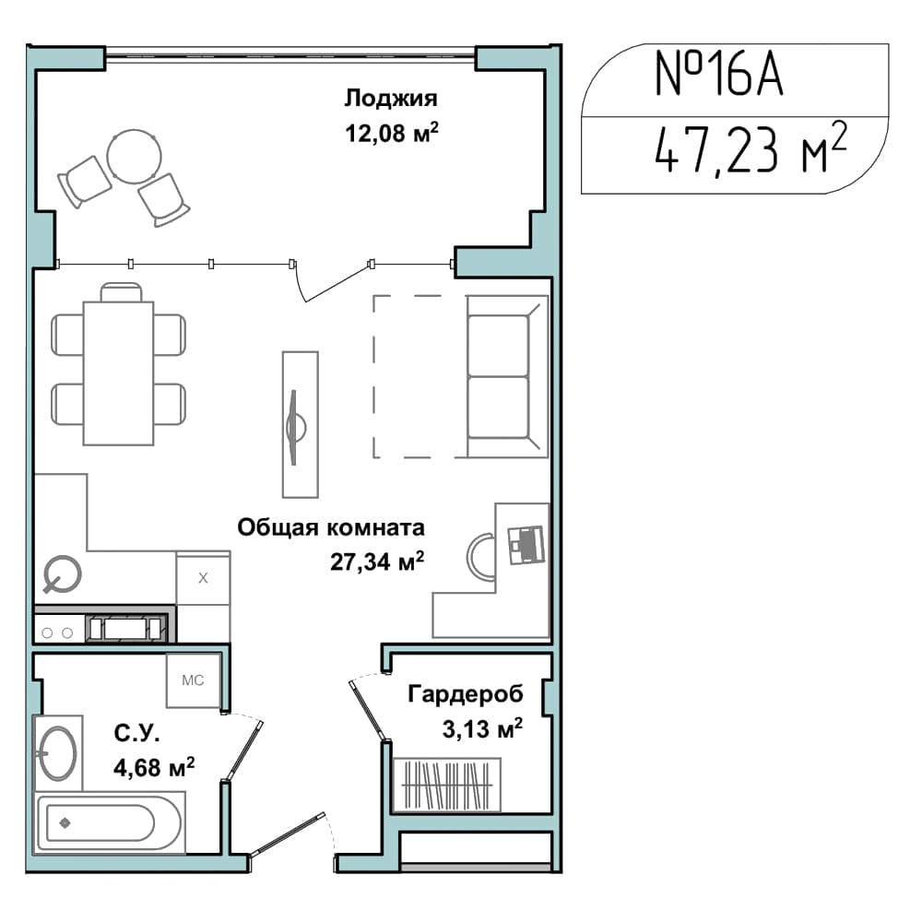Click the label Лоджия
(391, 99)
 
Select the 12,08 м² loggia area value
(392, 133)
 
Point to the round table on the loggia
(134, 157)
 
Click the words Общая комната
(330, 527)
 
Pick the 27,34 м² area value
(377, 561)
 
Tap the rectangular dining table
(119, 372)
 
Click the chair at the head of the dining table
(121, 292)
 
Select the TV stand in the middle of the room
(301, 424)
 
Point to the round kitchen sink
(62, 573)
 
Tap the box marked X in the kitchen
(203, 577)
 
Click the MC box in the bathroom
(193, 680)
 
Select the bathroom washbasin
(57, 753)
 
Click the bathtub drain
(65, 822)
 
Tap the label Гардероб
(465, 694)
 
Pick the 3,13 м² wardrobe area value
(482, 728)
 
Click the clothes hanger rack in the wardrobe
(447, 785)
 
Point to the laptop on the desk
(526, 545)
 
